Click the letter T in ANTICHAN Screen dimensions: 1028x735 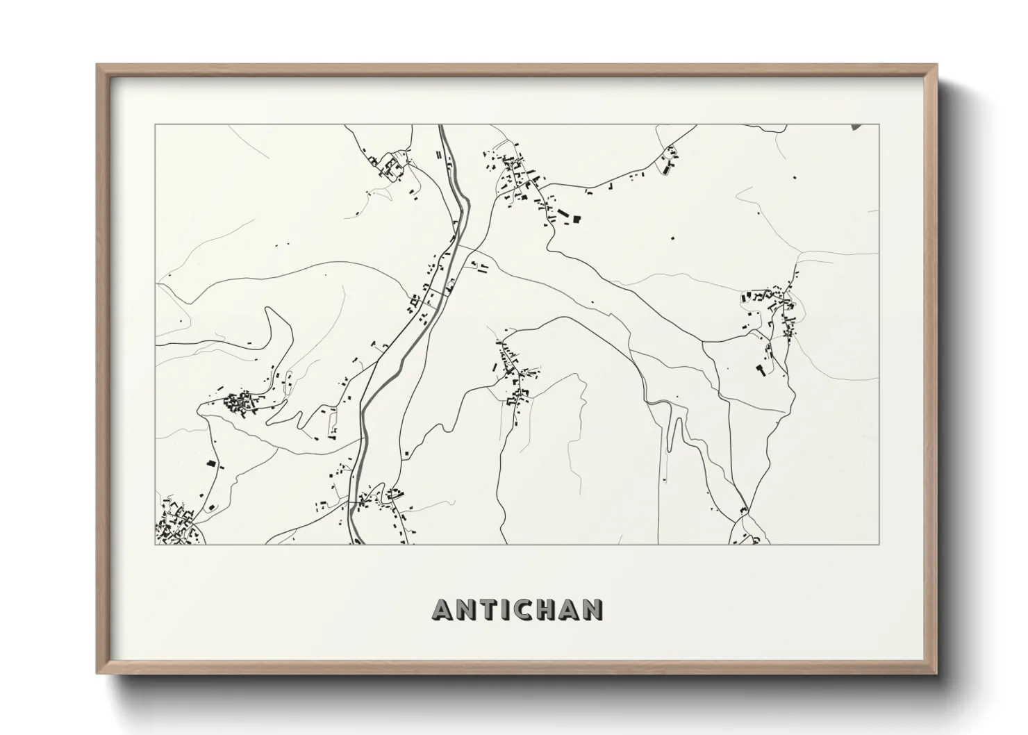click(493, 609)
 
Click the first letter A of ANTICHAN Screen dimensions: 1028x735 click(444, 609)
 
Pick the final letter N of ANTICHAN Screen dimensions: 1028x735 click(592, 609)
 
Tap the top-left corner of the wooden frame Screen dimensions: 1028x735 click(97, 65)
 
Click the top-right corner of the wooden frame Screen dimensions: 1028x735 click(936, 65)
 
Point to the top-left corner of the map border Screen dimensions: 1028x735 click(155, 125)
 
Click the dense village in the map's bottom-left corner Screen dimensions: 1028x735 click(174, 525)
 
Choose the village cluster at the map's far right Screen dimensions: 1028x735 click(771, 309)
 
